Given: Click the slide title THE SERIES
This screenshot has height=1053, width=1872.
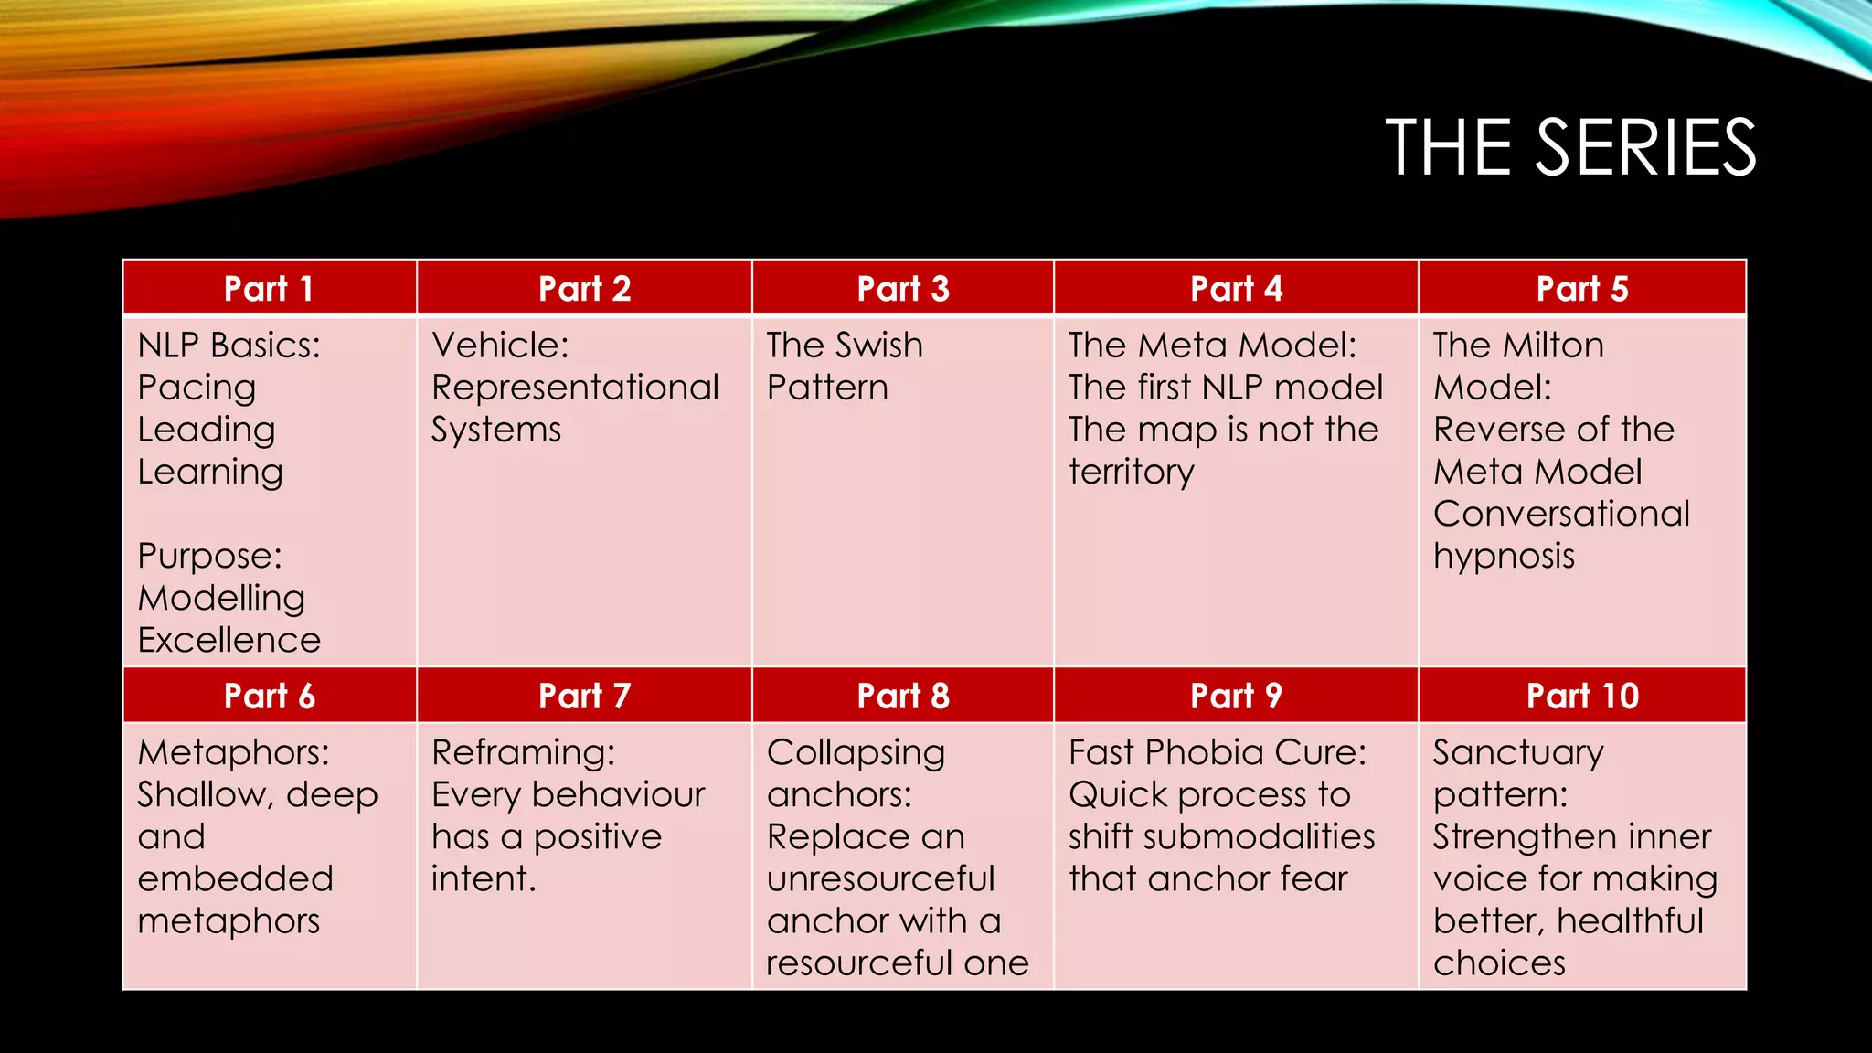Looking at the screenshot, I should [1569, 147].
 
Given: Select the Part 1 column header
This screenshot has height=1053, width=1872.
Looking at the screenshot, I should [269, 289].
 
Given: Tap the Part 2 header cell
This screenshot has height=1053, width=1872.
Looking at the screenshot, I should [584, 289].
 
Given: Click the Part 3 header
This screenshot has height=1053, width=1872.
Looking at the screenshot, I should [902, 289].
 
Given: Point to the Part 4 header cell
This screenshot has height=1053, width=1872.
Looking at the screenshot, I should [1236, 289].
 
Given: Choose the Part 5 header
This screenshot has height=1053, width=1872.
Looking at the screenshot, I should [1581, 289].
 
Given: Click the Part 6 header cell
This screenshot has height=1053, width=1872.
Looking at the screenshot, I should [269, 697].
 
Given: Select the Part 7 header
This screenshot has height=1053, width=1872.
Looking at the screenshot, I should [584, 697].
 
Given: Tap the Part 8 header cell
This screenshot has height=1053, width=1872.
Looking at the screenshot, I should [902, 697].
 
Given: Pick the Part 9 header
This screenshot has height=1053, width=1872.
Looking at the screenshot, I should [1236, 697].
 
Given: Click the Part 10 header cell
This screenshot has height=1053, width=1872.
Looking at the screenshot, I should [1581, 697].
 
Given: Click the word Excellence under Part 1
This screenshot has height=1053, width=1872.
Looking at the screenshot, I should [229, 640].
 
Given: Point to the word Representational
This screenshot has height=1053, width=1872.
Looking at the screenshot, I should [575, 388].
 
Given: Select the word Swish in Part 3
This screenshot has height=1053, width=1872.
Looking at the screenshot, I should [880, 346].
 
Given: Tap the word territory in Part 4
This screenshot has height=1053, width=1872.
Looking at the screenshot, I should [1131, 472].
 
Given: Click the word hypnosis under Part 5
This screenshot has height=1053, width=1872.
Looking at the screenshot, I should [1504, 557].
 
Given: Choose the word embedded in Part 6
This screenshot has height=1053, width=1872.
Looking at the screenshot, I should [235, 879].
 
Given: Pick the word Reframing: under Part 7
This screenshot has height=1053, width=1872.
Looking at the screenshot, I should [523, 753].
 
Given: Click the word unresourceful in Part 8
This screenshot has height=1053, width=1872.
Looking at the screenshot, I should [879, 879].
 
